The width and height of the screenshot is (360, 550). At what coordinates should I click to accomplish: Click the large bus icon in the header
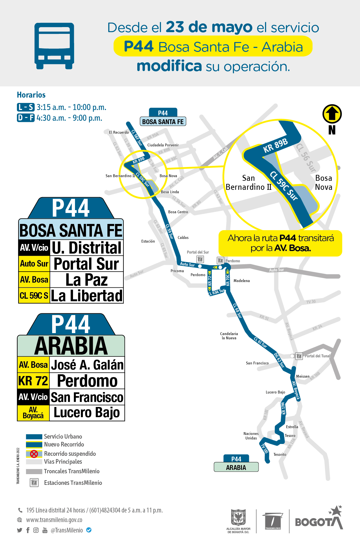click(x=54, y=46)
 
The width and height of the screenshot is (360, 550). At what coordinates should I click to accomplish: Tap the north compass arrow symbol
click(x=332, y=114)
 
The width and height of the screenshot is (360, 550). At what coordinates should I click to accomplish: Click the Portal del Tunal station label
click(x=317, y=356)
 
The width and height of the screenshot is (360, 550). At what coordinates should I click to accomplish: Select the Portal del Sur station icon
click(x=200, y=259)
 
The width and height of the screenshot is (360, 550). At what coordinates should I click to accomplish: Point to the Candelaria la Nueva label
click(x=229, y=336)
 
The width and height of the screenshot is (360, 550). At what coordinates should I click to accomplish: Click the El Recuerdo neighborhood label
click(x=119, y=132)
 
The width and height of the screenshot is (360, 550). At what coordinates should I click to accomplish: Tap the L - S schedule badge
click(x=26, y=107)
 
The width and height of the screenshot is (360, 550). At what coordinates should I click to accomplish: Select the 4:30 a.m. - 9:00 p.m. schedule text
click(x=69, y=118)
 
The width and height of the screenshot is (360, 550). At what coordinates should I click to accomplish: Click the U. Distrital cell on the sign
click(x=87, y=248)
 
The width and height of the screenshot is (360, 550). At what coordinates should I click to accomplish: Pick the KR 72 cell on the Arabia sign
click(x=33, y=381)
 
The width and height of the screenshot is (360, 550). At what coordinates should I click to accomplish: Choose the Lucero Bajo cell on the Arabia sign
click(x=87, y=413)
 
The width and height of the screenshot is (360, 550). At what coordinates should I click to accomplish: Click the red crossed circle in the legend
click(x=34, y=454)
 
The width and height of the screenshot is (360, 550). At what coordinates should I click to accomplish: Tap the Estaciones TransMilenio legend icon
click(x=34, y=483)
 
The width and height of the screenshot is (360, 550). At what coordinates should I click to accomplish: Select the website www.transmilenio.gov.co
click(x=54, y=520)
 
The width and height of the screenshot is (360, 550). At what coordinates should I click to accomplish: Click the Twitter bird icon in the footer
click(x=19, y=530)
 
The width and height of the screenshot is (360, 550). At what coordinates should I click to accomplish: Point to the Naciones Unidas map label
click(x=251, y=436)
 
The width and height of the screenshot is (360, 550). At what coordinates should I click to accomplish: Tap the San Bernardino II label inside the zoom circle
click(x=248, y=182)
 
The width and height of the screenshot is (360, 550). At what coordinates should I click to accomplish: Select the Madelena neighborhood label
click(x=242, y=281)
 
